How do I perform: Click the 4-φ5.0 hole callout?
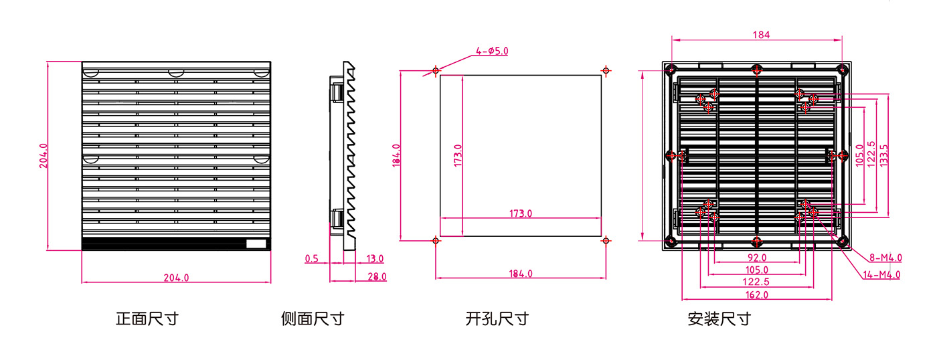coord(492,51)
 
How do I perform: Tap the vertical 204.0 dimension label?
coord(44,155)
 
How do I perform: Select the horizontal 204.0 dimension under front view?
coord(176,278)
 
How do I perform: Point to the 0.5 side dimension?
coord(312,259)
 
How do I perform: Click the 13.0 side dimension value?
coord(375,259)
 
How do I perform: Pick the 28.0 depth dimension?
coord(377,277)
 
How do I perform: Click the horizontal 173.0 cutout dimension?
coord(521,213)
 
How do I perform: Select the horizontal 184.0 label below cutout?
coord(521,274)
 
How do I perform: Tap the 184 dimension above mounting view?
coord(761,35)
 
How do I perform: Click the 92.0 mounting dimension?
coord(757,258)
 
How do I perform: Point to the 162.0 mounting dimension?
coord(757,295)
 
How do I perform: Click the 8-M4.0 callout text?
coord(885,258)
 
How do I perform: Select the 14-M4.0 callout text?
coord(882,275)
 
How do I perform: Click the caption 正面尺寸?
coord(147,319)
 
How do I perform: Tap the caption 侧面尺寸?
coord(313,319)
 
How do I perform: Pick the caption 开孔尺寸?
coord(497,319)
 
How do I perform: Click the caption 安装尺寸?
coord(719,319)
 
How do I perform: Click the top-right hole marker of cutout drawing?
coord(606,71)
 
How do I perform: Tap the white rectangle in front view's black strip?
coord(256,244)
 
